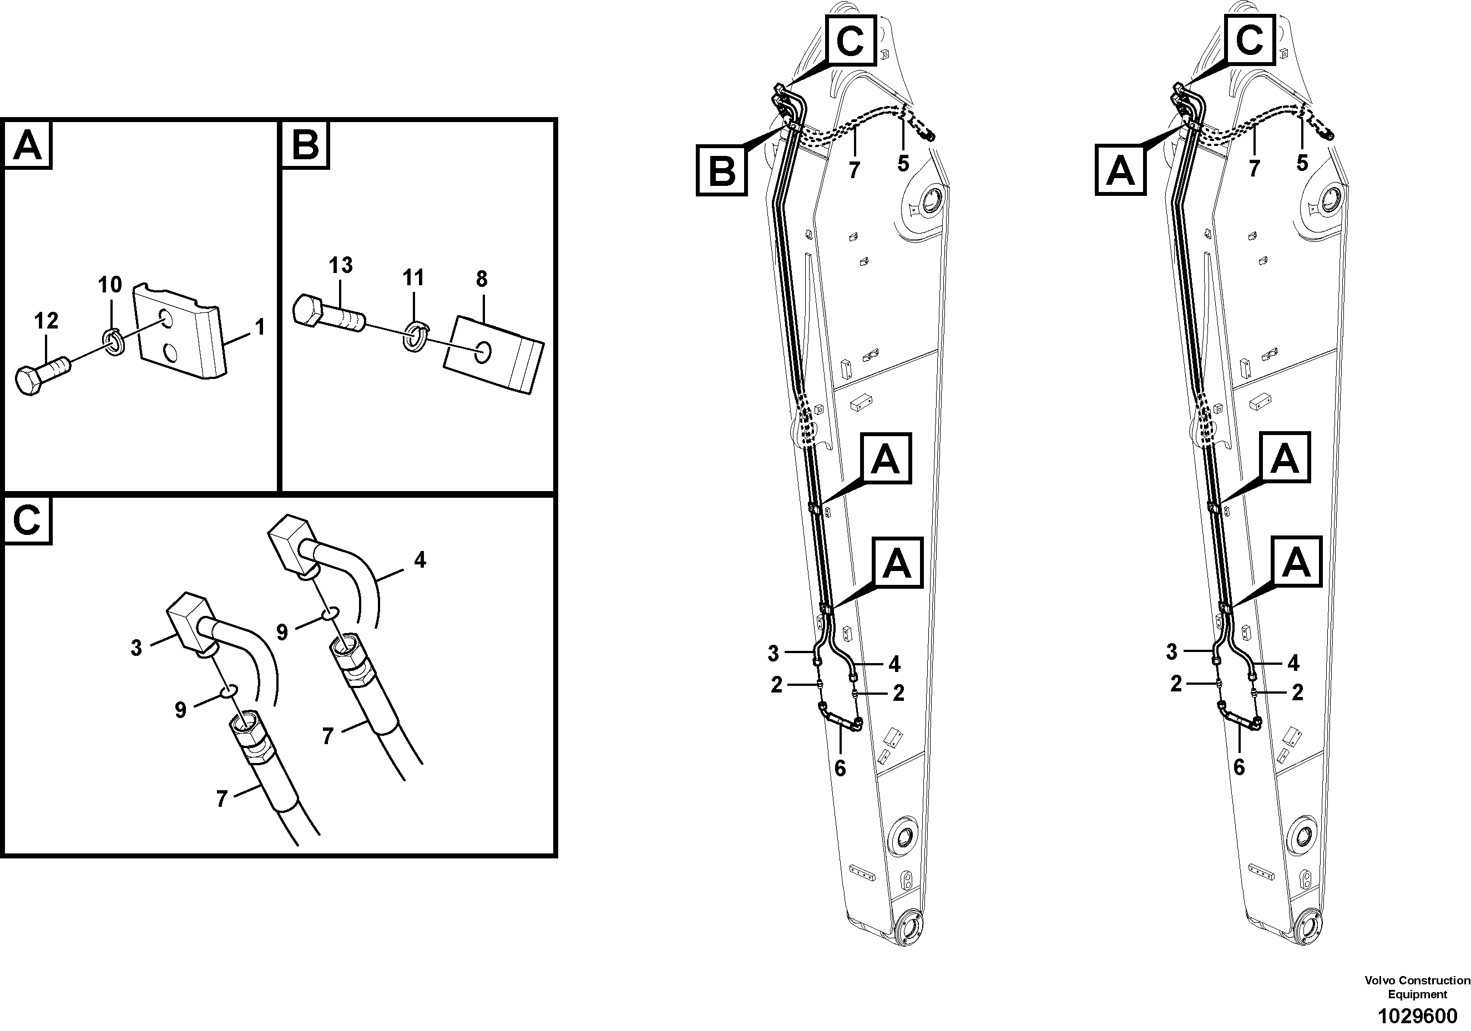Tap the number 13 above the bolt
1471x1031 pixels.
point(341,265)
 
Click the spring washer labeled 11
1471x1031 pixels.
point(414,337)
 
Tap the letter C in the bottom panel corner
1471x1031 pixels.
point(27,521)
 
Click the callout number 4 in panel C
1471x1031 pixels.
point(419,560)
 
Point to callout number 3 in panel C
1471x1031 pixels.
point(136,648)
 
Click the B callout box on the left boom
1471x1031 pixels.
point(722,171)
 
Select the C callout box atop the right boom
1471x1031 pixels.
point(1250,41)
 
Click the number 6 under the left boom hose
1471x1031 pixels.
point(840,767)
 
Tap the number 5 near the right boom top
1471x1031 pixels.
point(1302,163)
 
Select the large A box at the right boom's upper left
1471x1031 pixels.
point(1120,170)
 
